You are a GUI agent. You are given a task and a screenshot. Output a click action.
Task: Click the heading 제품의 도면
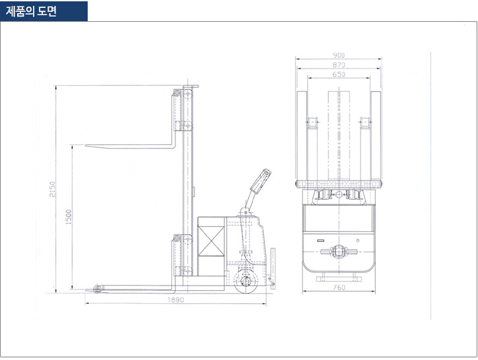coord(31,11)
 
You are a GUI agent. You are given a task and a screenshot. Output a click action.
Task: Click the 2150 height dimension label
coord(53,189)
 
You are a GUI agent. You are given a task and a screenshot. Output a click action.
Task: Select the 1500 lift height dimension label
coord(69,217)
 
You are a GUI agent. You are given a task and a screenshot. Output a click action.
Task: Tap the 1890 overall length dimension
coord(175,299)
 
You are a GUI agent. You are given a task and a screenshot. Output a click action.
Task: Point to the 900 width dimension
coord(339,55)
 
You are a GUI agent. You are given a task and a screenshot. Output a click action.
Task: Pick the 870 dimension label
coord(339,65)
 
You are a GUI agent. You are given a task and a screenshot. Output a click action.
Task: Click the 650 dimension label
coord(339,75)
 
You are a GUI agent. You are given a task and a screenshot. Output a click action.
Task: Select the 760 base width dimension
coord(339,287)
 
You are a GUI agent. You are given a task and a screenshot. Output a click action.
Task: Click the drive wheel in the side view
coord(247,282)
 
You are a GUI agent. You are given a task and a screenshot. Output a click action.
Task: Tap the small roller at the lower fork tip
coord(97,289)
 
